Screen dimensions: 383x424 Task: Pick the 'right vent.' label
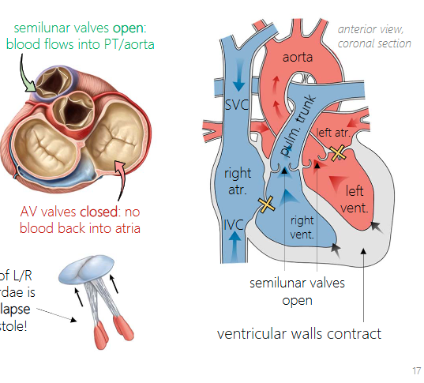coord(302,227)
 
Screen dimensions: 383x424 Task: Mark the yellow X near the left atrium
coord(338,152)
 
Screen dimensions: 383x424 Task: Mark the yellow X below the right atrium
coord(267,204)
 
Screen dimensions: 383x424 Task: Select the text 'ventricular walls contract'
coord(298,333)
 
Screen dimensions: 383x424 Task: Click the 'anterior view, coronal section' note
coord(373,36)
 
